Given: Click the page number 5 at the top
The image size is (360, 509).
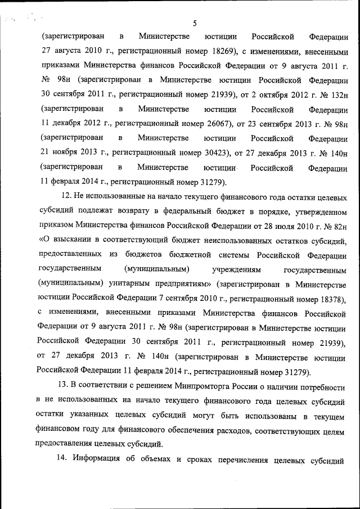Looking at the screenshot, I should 194,23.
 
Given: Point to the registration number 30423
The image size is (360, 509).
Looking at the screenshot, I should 211,152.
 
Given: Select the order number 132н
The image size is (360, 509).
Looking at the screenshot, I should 337,94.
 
